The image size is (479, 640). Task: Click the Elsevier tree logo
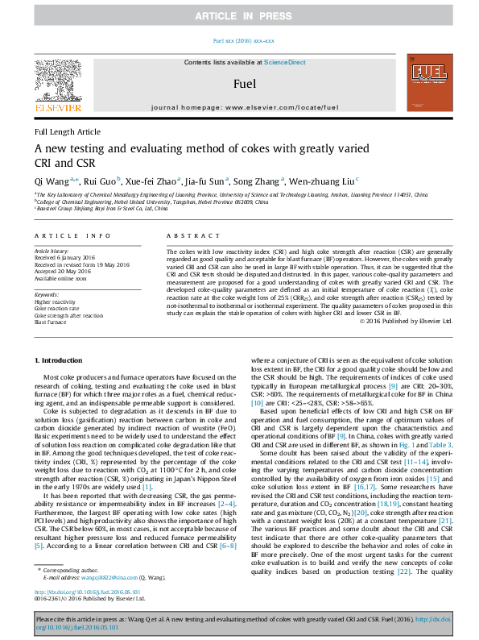coord(57,81)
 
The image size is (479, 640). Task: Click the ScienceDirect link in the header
coord(286,62)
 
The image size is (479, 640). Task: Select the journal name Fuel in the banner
coord(245,83)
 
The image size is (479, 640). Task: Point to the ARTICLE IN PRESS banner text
coord(239,16)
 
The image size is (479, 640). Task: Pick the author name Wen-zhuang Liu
coord(325,181)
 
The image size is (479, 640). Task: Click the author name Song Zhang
coord(260,181)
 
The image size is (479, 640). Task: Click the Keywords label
coord(47,296)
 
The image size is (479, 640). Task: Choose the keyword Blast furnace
coord(52,322)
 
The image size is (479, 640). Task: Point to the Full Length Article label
coord(68,131)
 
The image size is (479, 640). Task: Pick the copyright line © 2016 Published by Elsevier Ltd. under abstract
coord(406,321)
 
